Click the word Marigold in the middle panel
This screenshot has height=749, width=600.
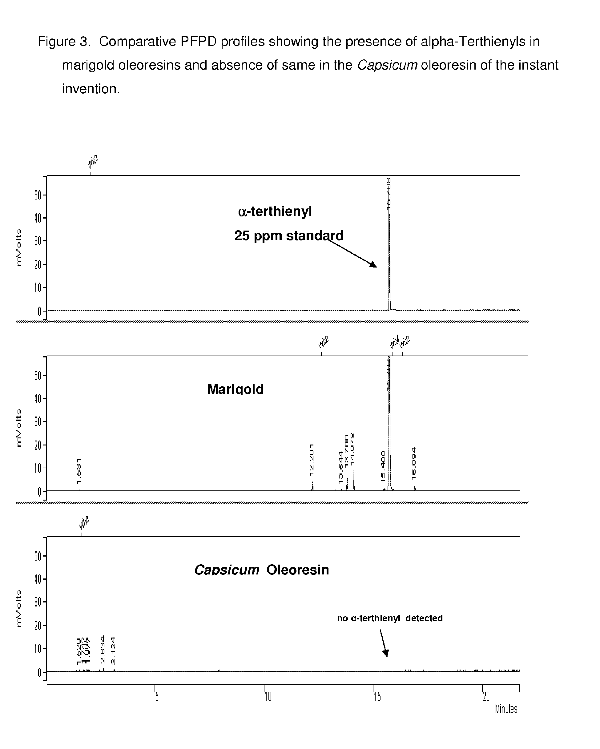coord(235,389)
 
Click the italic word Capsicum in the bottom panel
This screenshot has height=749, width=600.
coord(227,570)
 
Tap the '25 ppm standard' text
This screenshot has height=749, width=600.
coord(289,236)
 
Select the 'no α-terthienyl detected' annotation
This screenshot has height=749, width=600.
coord(390,618)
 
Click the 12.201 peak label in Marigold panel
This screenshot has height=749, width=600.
coord(312,460)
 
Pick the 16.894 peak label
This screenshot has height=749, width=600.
coord(414,463)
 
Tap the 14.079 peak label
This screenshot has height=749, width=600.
coord(352,449)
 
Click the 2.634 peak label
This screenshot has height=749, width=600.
coord(103,650)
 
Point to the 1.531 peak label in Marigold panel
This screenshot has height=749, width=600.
coord(79,471)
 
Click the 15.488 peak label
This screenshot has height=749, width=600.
coord(383,467)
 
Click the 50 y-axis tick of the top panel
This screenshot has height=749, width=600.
coord(38,195)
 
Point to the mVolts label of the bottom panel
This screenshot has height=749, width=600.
coord(19,608)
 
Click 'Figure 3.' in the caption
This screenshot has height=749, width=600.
coord(64,42)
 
